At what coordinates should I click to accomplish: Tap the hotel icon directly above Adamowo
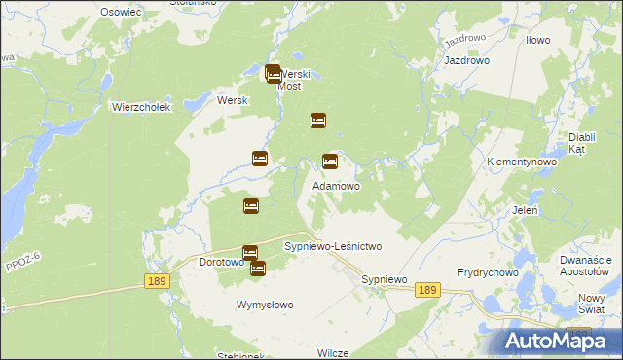330,162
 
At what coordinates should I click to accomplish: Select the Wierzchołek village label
141,107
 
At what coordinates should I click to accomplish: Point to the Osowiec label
121,11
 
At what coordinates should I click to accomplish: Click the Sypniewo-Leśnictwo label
333,247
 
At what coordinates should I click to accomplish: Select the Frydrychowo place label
489,273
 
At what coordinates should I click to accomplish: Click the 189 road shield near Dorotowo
159,280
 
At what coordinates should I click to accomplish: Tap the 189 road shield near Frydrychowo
427,290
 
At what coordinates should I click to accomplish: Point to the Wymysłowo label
265,305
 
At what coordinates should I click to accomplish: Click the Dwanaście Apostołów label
585,265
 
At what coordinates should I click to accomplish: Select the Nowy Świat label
593,304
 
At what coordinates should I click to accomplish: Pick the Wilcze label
333,352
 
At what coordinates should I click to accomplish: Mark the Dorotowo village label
220,262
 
